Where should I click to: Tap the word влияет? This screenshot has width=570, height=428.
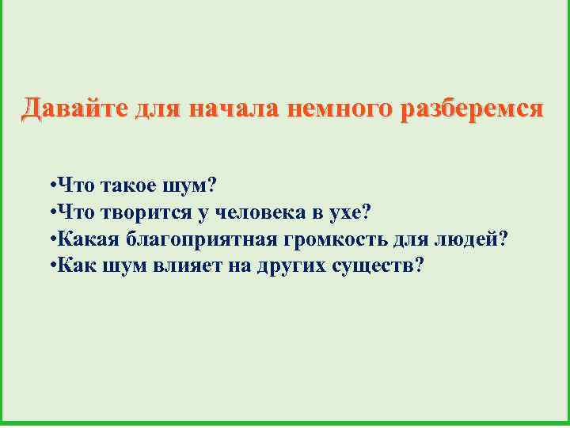pos(188,265)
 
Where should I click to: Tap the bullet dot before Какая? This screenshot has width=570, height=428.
pos(51,239)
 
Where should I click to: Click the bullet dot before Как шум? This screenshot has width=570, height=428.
pos(51,265)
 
